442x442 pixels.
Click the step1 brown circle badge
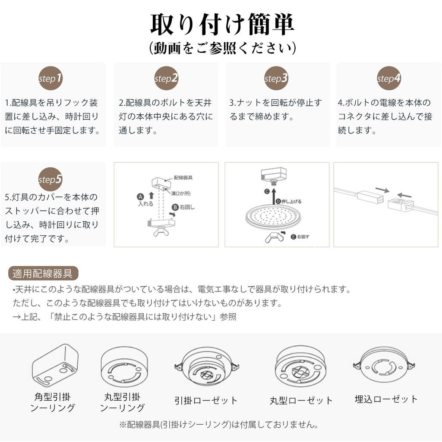tap(51, 78)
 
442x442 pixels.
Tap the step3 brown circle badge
tap(276, 78)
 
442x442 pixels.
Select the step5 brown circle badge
tap(51, 179)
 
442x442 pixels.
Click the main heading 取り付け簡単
tap(222, 25)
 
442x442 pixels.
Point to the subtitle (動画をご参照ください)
tap(222, 48)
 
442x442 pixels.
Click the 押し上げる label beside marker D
tap(291, 201)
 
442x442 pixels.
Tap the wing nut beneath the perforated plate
tap(273, 236)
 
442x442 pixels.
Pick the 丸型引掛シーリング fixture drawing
tap(123, 367)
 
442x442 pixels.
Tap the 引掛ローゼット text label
tap(206, 400)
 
